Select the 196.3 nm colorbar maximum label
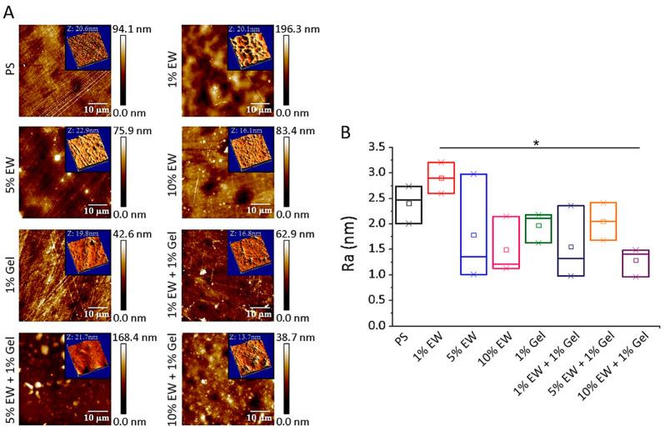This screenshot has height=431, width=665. click(312, 30)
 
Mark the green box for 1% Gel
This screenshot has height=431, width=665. click(538, 228)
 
